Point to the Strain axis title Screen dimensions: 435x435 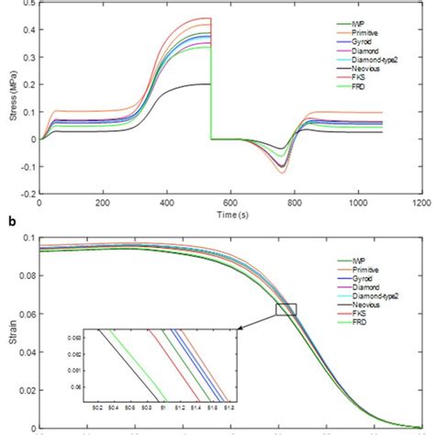coord(8,333)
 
